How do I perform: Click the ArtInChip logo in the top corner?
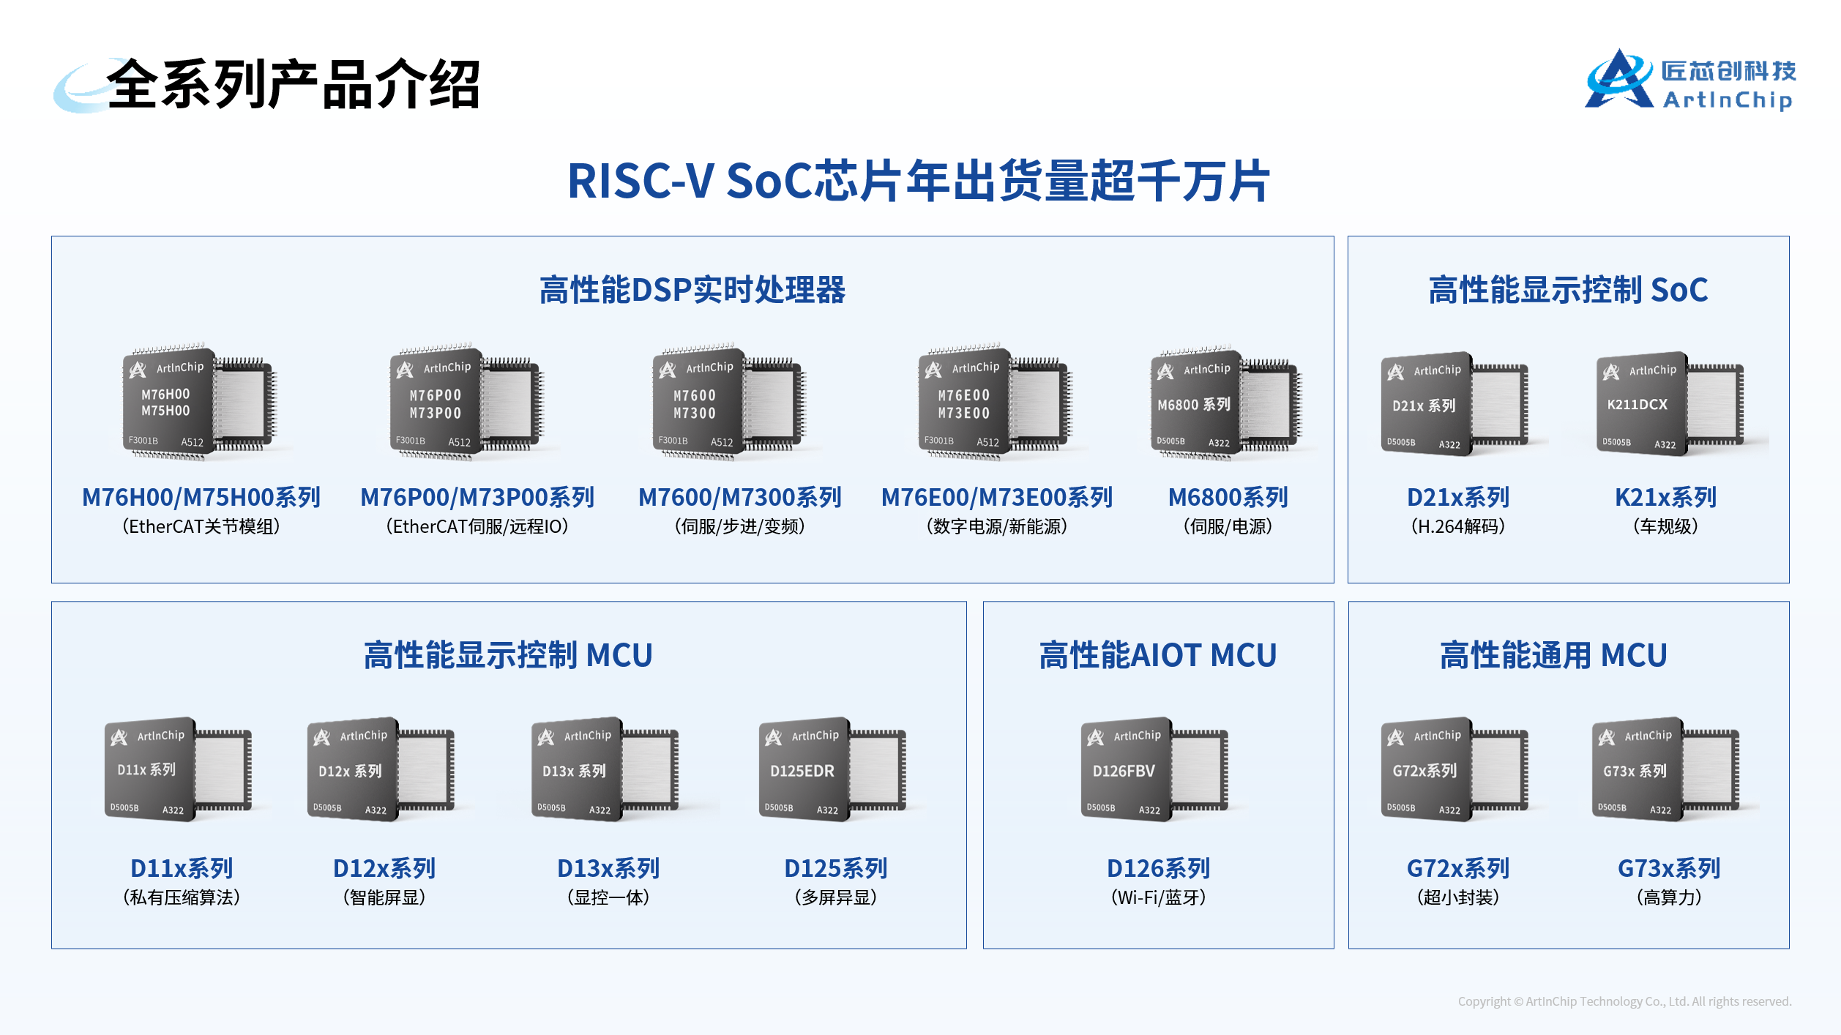(x=1689, y=80)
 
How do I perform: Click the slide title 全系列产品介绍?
(x=294, y=85)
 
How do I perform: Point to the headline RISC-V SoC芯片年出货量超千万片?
(x=919, y=181)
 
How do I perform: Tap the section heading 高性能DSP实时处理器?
(x=692, y=290)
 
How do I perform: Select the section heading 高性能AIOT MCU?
(x=1158, y=655)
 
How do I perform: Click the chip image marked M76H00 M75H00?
(x=200, y=402)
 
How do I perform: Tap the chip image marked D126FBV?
(x=1154, y=769)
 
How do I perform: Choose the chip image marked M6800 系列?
(x=1227, y=402)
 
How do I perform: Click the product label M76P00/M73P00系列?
(x=477, y=498)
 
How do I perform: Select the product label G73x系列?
(x=1669, y=868)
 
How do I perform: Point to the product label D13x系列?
(x=608, y=868)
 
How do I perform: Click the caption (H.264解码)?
(x=1458, y=526)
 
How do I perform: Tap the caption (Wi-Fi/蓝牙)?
(x=1158, y=897)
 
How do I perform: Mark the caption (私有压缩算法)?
(x=182, y=897)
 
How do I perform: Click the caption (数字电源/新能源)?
(x=997, y=526)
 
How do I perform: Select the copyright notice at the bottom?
(x=1624, y=1001)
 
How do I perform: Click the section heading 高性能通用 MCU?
(x=1553, y=655)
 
